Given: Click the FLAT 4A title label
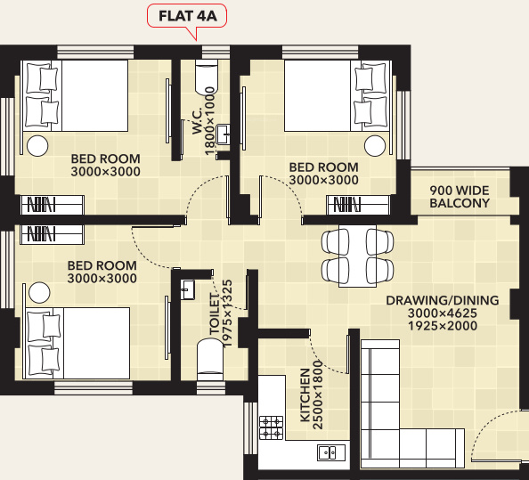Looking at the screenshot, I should pos(188,16).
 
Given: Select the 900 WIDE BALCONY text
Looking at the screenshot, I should pos(460,197).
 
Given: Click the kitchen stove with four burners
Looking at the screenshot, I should pos(271,426).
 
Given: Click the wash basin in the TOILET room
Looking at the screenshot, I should pos(188,290).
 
